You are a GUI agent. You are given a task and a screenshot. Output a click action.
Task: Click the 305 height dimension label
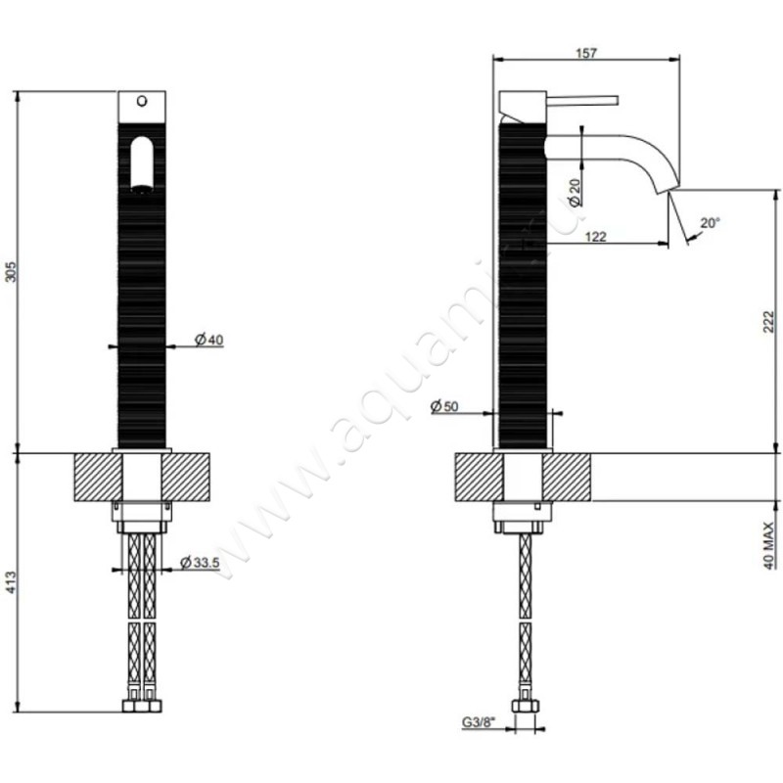[x=11, y=270]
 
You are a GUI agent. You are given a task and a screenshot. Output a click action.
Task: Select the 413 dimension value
[x=11, y=584]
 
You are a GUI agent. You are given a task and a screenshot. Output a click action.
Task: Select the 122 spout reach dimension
[x=594, y=236]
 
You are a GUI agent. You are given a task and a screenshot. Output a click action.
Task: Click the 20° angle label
[x=710, y=223]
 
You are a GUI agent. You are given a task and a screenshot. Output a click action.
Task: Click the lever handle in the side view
[x=577, y=99]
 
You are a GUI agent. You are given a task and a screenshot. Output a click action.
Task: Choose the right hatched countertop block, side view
[x=571, y=477]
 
